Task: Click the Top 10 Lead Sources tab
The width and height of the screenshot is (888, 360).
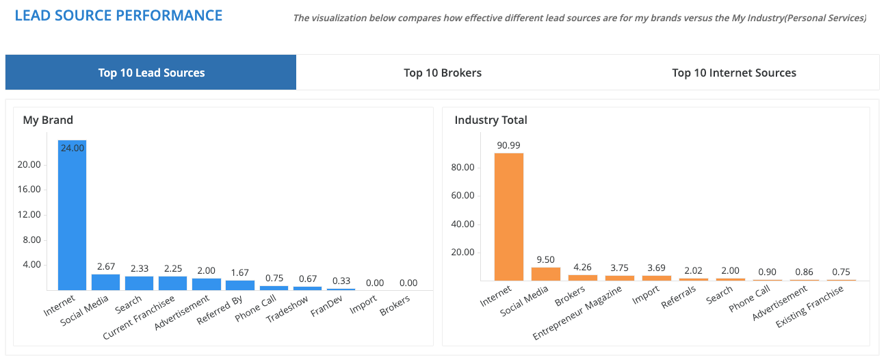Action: tap(151, 73)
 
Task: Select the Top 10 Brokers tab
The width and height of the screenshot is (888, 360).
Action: tap(443, 73)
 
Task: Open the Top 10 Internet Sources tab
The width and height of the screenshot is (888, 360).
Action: tap(734, 73)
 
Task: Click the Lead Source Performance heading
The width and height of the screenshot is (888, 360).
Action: tap(118, 15)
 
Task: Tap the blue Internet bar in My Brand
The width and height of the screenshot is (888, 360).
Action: tap(72, 219)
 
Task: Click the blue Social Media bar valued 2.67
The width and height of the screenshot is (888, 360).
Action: tap(105, 282)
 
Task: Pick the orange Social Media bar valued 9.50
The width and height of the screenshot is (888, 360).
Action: tap(546, 274)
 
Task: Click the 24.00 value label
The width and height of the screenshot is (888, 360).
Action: tap(72, 147)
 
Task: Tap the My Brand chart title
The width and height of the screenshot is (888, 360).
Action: tap(48, 120)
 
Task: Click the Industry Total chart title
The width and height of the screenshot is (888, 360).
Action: tap(491, 120)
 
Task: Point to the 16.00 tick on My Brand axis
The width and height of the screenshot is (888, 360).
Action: tap(29, 190)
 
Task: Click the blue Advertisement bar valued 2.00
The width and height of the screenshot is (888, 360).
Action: tap(206, 284)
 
